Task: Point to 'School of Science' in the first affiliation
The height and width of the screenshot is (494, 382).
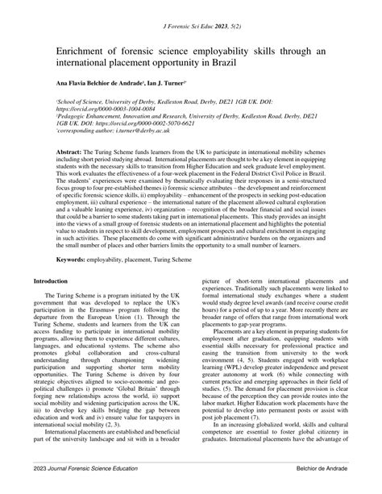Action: (59, 102)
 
